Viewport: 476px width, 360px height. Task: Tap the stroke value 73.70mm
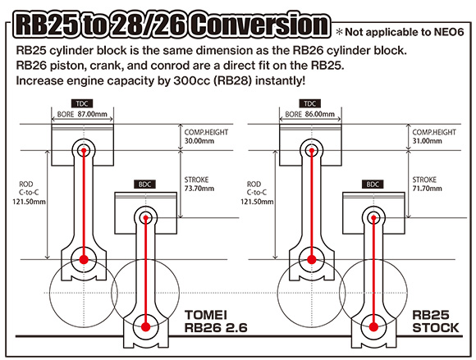coord(199,189)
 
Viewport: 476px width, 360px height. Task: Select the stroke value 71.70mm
coord(427,189)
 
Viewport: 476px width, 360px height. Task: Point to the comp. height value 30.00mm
coord(199,141)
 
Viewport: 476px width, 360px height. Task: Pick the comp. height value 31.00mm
coord(427,141)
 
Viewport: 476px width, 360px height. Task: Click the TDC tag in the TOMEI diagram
coord(82,103)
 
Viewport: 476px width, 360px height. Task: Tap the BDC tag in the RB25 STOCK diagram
coord(373,185)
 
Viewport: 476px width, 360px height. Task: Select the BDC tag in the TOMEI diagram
coord(144,185)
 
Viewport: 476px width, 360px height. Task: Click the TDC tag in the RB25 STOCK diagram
coord(310,103)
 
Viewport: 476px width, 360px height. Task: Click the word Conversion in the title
coord(260,25)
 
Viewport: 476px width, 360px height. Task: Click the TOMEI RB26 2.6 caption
coord(216,321)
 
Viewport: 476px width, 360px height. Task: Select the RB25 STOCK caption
coord(436,321)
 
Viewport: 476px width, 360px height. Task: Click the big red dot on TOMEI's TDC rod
coord(84,260)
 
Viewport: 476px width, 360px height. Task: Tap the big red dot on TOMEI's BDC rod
coord(146,327)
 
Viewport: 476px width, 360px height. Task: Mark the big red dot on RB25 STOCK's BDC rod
coord(373,327)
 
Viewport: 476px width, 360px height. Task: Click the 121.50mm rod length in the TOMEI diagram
coord(29,202)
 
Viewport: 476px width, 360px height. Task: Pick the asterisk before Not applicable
coord(340,32)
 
